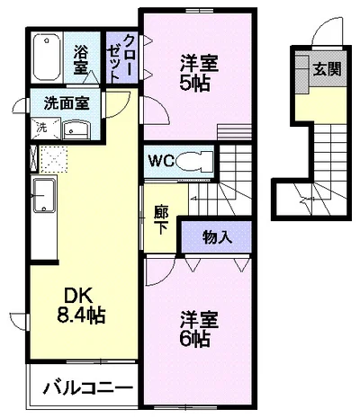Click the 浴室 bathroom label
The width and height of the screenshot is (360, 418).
tap(80, 59)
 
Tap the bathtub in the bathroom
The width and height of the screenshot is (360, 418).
tap(47, 57)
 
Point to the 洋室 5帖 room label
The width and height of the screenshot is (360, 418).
tap(199, 73)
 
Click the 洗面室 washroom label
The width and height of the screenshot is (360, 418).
tap(67, 103)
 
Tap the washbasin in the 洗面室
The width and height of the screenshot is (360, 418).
tap(76, 129)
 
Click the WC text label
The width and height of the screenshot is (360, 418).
tap(162, 162)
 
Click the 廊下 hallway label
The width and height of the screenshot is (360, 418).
tap(161, 219)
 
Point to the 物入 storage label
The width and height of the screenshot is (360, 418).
tap(217, 237)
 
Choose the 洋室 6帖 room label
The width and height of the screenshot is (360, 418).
tap(199, 329)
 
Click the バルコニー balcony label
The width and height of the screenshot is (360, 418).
tap(88, 387)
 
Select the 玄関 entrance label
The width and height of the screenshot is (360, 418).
tap(328, 69)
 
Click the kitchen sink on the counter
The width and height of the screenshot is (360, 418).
tap(44, 195)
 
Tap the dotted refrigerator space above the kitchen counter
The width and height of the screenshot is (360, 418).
tap(53, 159)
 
